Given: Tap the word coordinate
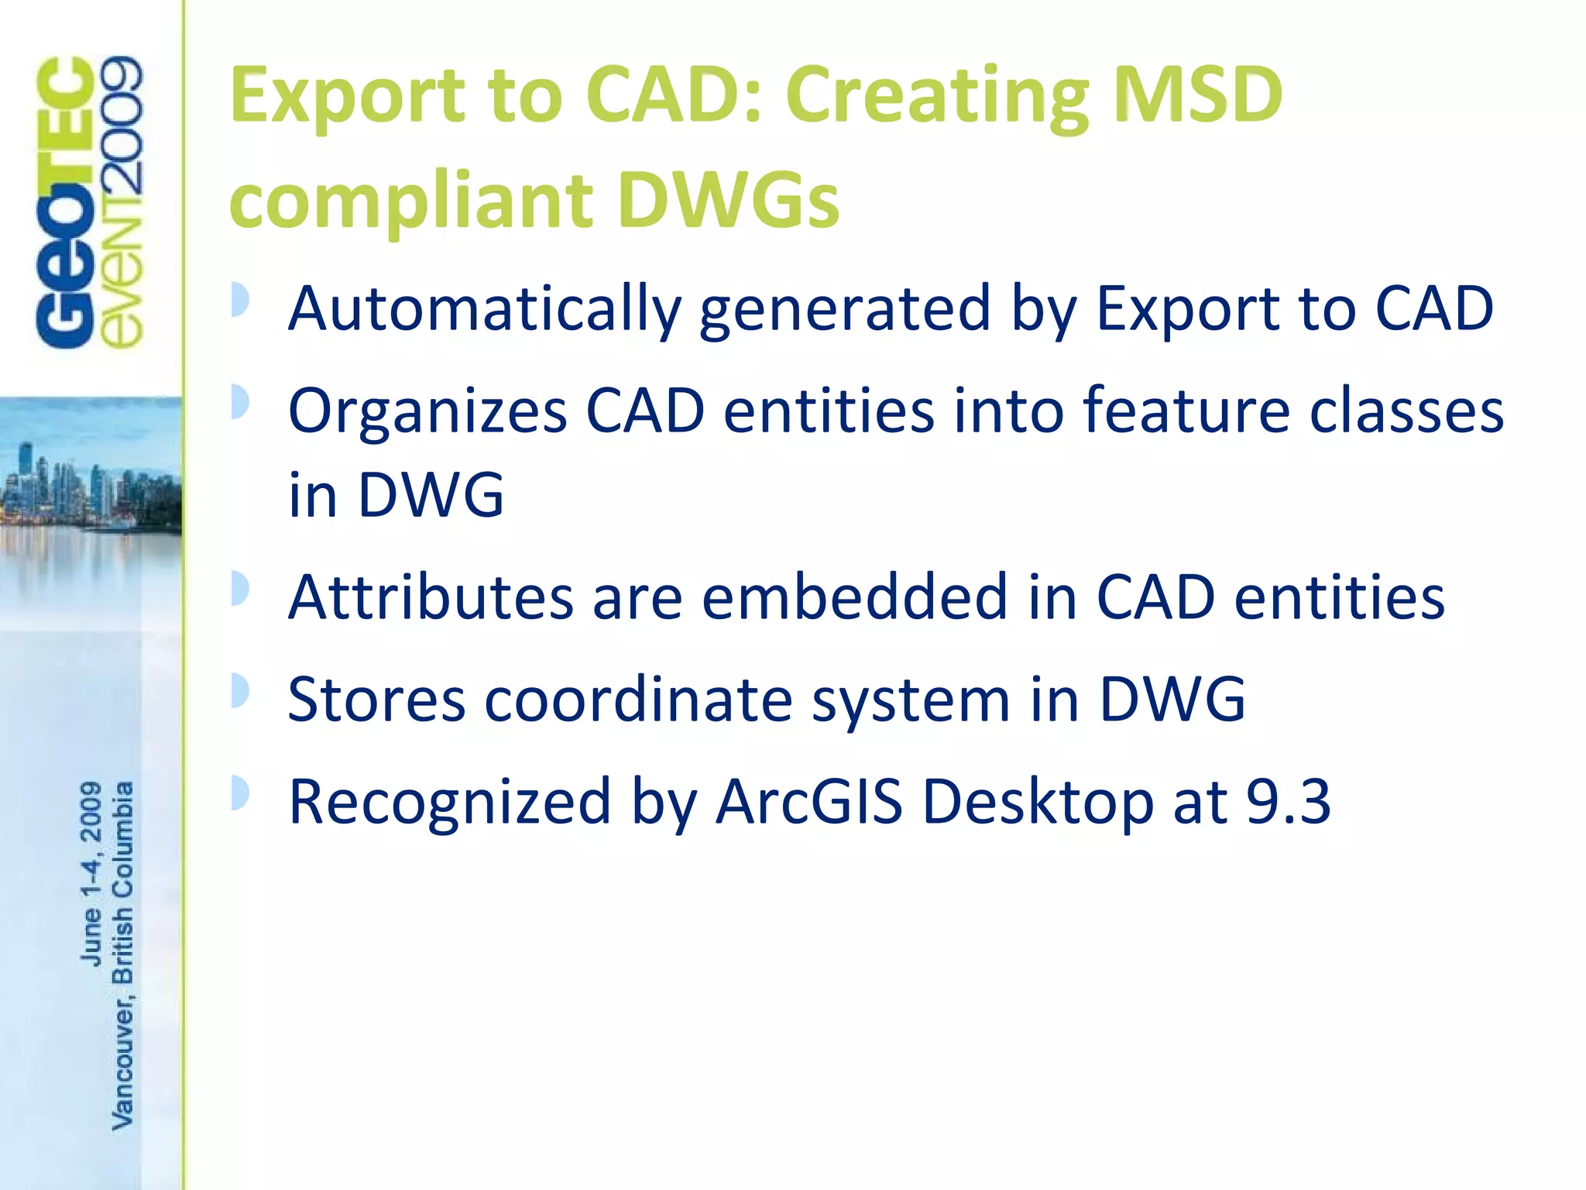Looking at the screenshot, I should (x=639, y=699).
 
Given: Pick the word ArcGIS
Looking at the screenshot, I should (x=808, y=801).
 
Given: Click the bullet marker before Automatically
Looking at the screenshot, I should (x=240, y=299).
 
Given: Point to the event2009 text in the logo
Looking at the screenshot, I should (x=122, y=201).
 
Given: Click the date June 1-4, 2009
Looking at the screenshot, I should (x=91, y=873).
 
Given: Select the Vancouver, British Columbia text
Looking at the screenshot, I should (x=123, y=954).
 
